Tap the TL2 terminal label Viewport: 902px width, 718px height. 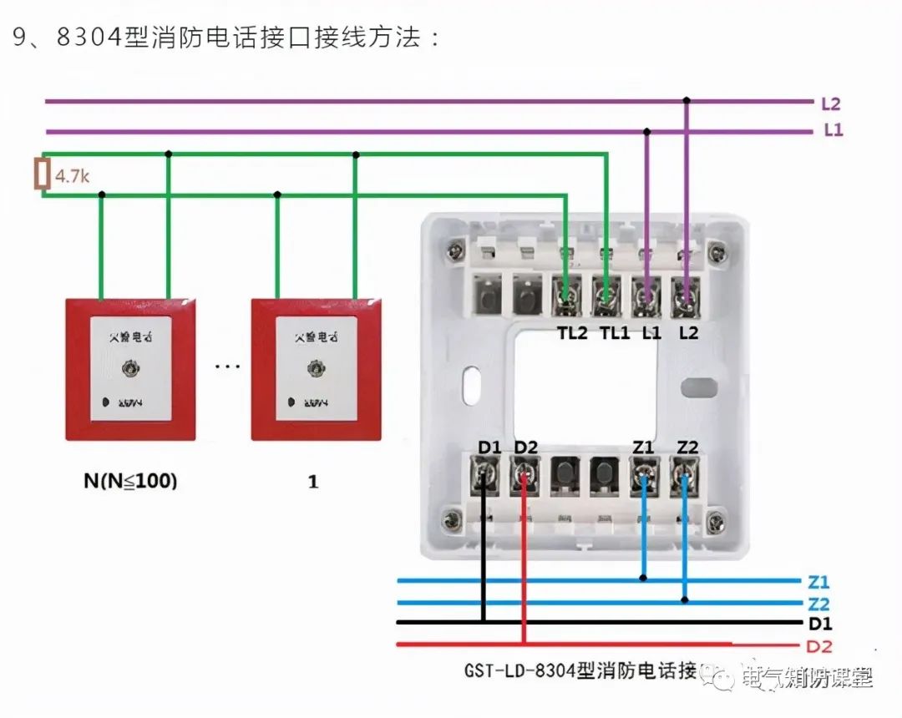click(x=573, y=332)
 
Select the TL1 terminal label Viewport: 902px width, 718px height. click(x=615, y=332)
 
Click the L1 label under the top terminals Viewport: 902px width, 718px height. click(x=651, y=332)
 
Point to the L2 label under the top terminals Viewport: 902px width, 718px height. click(x=688, y=332)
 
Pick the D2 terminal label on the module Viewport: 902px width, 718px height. click(x=526, y=447)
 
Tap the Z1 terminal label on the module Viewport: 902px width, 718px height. click(x=643, y=447)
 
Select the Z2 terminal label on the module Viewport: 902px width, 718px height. click(x=687, y=447)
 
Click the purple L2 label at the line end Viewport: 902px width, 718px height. click(x=830, y=104)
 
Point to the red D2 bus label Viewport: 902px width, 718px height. click(x=819, y=646)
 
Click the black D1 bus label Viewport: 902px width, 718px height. click(x=819, y=624)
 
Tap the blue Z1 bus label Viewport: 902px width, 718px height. click(x=819, y=583)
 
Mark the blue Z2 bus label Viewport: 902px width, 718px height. click(x=819, y=604)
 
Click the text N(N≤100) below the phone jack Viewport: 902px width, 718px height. click(x=130, y=482)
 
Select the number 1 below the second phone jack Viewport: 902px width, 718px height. click(x=313, y=482)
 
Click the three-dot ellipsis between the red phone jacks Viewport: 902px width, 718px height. click(x=227, y=366)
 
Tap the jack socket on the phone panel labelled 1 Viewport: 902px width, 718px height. click(x=316, y=367)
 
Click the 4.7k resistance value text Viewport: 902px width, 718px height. click(x=71, y=176)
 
